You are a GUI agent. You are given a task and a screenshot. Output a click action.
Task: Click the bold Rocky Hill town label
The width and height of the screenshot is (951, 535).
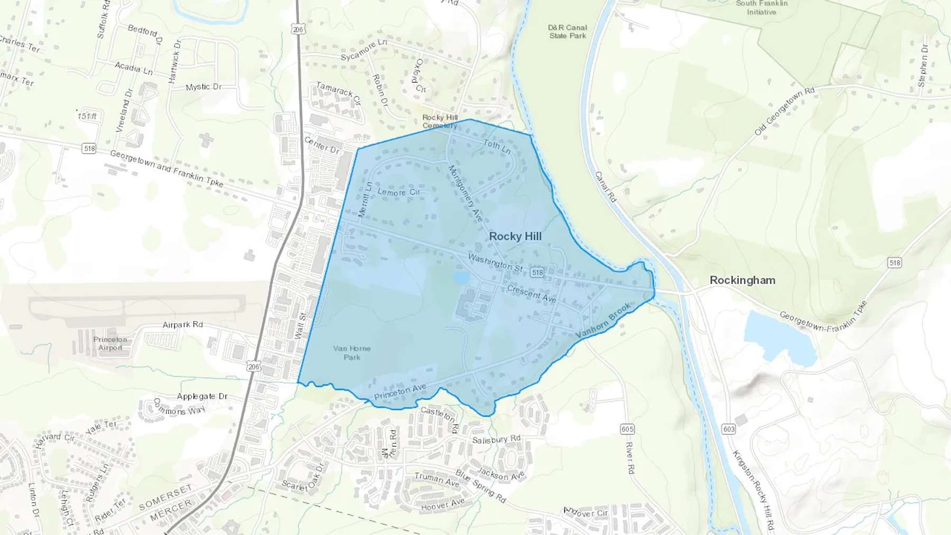pos(515,237)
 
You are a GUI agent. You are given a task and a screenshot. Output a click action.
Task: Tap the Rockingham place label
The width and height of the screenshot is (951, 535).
pos(742,280)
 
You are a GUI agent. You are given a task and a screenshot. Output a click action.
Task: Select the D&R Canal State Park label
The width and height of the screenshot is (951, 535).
pos(567,32)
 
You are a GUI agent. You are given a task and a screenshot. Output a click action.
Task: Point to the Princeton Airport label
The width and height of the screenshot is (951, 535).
pos(110,343)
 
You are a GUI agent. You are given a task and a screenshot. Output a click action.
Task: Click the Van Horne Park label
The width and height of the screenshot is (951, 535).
pos(352,353)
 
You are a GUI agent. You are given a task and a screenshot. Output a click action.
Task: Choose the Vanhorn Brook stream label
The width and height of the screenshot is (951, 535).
pos(603,321)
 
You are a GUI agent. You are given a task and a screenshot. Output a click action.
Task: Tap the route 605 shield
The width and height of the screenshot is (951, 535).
pos(627,429)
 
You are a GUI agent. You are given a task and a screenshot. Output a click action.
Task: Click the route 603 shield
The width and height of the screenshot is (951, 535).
pos(729,429)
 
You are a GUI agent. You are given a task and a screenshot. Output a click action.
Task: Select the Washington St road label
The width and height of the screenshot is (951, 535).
pos(495,262)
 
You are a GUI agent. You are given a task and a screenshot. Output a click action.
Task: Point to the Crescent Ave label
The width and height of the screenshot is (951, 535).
pos(532,294)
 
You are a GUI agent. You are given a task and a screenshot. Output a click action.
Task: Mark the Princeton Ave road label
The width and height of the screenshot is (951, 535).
pos(400,392)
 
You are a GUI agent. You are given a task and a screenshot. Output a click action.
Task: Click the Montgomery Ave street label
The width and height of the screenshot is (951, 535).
pos(465,193)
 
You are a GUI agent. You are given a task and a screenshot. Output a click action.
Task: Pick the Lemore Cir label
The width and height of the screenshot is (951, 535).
pos(399,192)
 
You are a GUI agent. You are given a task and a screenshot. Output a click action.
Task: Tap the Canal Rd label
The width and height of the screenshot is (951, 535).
pos(605,186)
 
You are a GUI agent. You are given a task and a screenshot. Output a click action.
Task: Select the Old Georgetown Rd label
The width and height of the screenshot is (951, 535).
pos(785,111)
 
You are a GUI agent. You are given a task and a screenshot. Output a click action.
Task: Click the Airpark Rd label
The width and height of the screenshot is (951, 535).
pos(183,324)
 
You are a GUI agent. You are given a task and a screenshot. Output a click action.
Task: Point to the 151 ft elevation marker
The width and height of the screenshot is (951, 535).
pos(87,116)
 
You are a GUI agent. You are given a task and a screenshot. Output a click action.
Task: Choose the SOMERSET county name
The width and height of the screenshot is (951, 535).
pos(165,498)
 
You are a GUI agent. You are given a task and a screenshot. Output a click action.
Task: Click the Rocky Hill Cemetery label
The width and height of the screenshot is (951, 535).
pos(440,121)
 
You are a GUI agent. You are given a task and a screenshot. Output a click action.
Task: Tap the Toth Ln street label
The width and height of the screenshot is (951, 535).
pos(497,146)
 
